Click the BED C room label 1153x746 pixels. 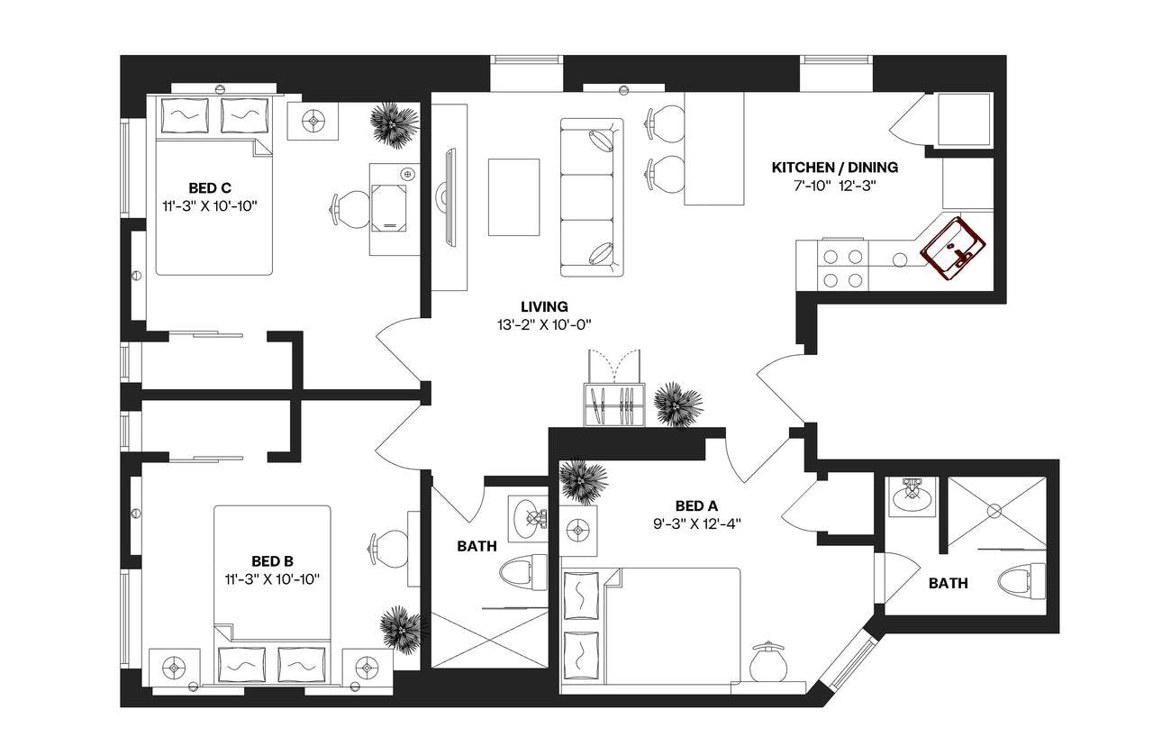click(x=210, y=187)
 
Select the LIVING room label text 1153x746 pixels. click(x=543, y=307)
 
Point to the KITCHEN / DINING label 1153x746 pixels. click(x=834, y=168)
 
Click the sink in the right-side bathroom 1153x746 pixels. click(x=912, y=495)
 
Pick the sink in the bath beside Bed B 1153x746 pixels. click(x=529, y=517)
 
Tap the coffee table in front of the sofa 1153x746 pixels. click(x=513, y=197)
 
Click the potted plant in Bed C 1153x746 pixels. click(x=394, y=123)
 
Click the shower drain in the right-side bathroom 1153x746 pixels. click(x=994, y=511)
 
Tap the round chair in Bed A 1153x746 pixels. click(x=768, y=663)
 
